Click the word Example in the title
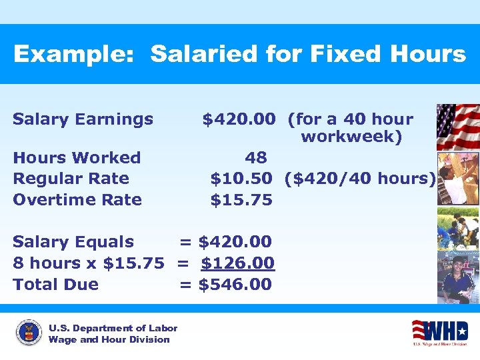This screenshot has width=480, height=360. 74,55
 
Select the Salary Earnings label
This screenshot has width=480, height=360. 83,119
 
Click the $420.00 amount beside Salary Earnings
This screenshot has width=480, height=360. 239,119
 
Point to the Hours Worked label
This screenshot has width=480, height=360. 77,158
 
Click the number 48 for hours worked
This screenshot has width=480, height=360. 256,158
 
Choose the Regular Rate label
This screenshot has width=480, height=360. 71,179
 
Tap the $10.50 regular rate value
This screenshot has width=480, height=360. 241,179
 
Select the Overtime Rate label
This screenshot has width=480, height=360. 77,199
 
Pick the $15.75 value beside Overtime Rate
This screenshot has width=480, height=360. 241,199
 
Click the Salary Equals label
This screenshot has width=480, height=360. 73,242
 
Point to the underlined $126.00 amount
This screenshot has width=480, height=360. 237,263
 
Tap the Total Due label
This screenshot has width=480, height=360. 55,285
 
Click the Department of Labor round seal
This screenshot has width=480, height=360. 29,333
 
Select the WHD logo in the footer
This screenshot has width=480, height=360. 439,331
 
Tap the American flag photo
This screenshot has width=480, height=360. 457,127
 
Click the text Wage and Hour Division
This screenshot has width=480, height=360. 109,339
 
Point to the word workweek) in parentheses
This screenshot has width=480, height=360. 351,137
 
